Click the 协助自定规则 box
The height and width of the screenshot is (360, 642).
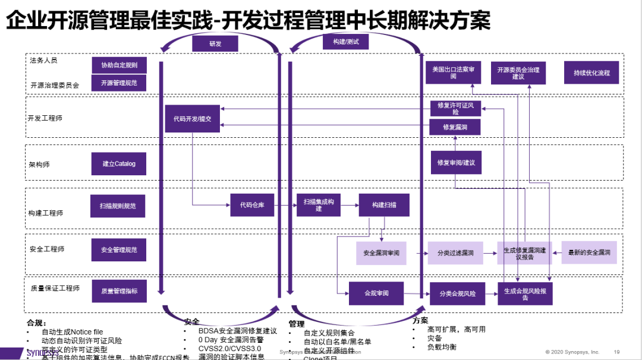click(x=119, y=65)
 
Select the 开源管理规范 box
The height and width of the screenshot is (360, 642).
click(x=119, y=83)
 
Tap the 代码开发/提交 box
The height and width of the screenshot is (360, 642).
click(x=192, y=119)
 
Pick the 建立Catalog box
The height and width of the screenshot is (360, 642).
click(x=119, y=163)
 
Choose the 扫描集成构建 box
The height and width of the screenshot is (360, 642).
click(x=319, y=205)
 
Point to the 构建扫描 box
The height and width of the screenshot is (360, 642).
click(x=383, y=205)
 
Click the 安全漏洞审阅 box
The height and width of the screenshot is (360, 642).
click(x=381, y=253)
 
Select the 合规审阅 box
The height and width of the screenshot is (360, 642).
click(x=376, y=293)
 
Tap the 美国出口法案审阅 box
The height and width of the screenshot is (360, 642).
click(x=453, y=73)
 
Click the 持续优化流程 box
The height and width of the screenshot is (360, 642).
click(x=591, y=73)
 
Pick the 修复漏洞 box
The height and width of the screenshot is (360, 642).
click(x=455, y=127)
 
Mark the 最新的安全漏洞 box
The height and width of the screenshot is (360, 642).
click(x=588, y=253)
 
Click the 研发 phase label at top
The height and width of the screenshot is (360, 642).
click(x=215, y=43)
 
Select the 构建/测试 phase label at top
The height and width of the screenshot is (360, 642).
click(x=345, y=41)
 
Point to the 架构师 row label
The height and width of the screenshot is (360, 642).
click(x=39, y=164)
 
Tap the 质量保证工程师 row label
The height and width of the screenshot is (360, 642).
click(x=55, y=288)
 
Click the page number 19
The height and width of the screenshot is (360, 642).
click(x=616, y=352)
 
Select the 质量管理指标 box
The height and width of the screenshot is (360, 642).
click(x=119, y=291)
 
